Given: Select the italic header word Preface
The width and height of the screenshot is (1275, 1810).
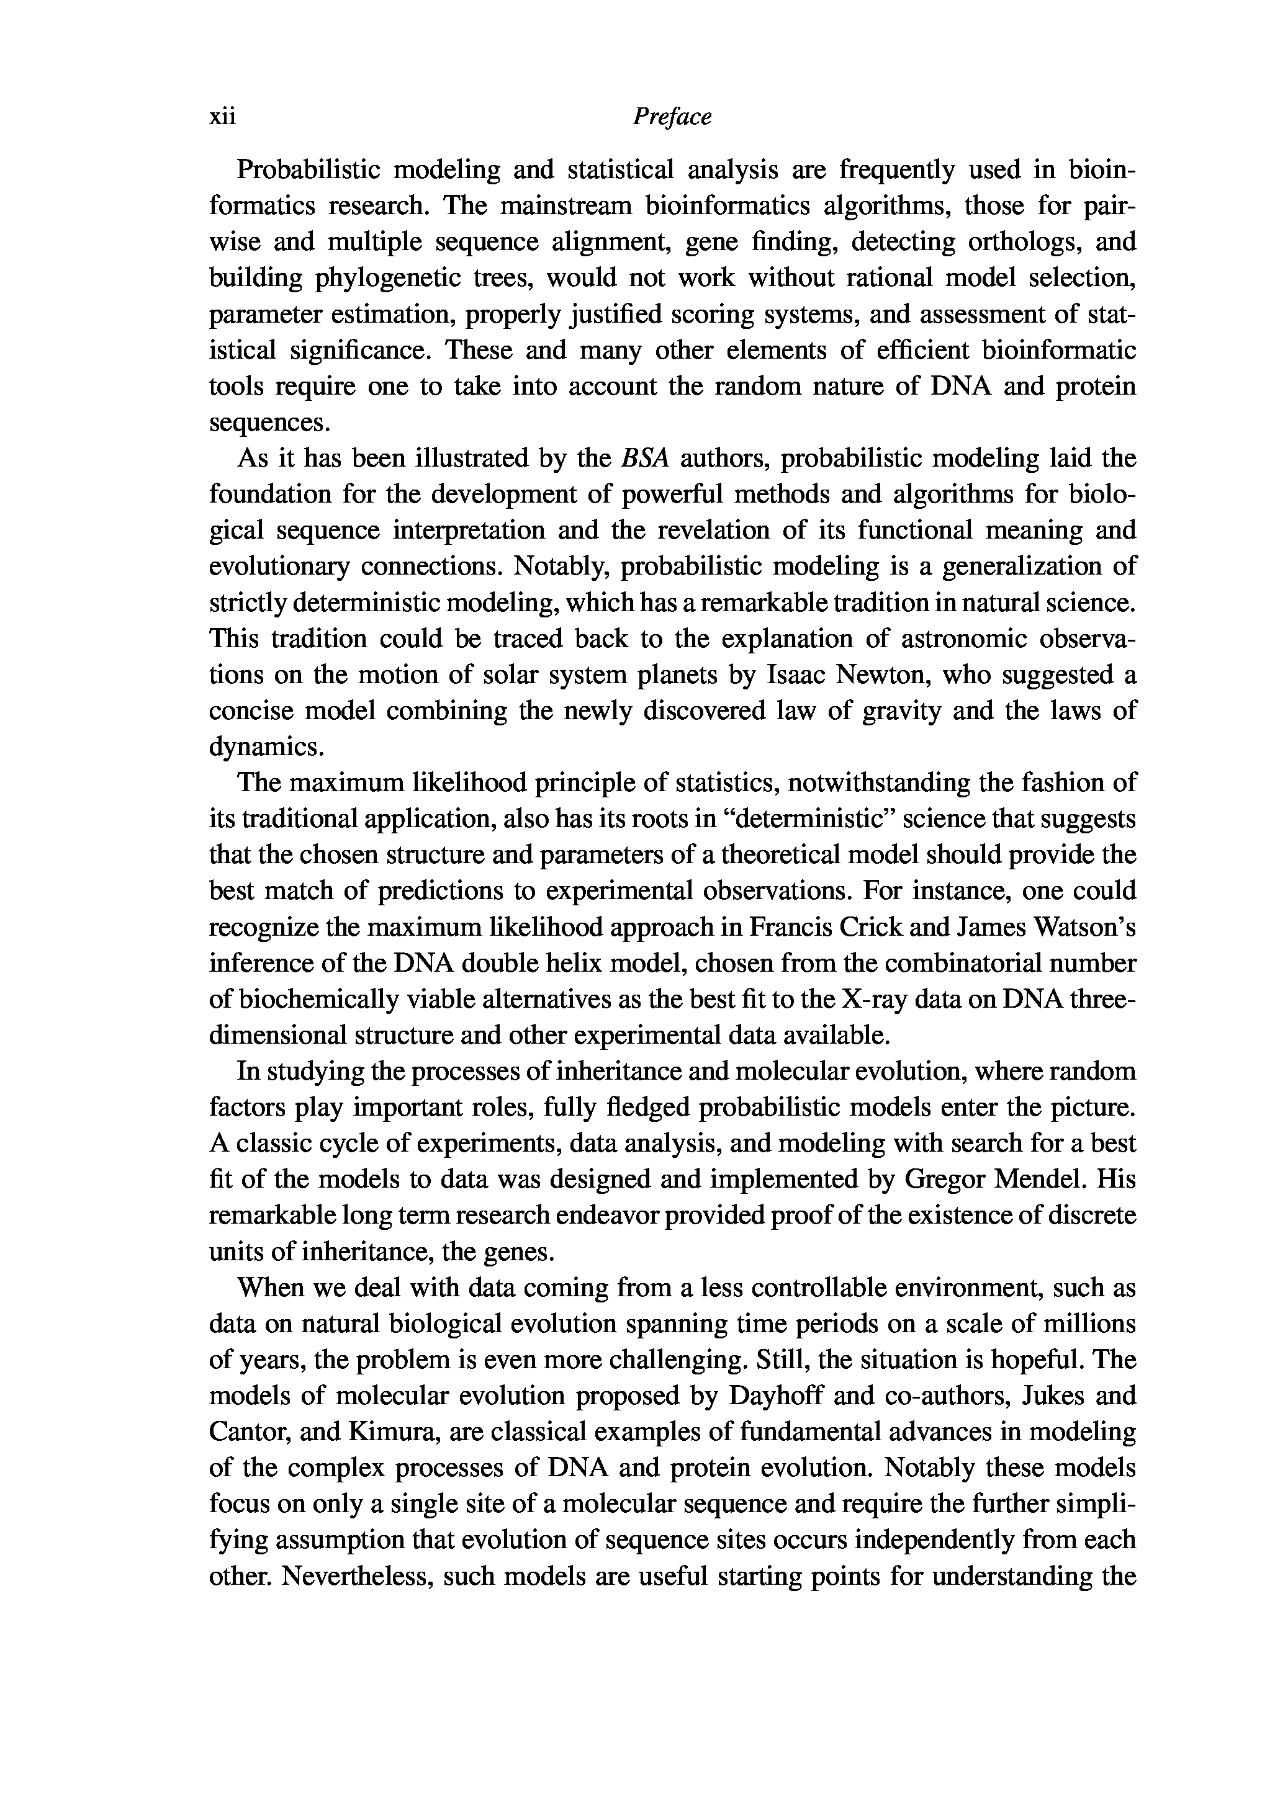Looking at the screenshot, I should pos(672,117).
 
